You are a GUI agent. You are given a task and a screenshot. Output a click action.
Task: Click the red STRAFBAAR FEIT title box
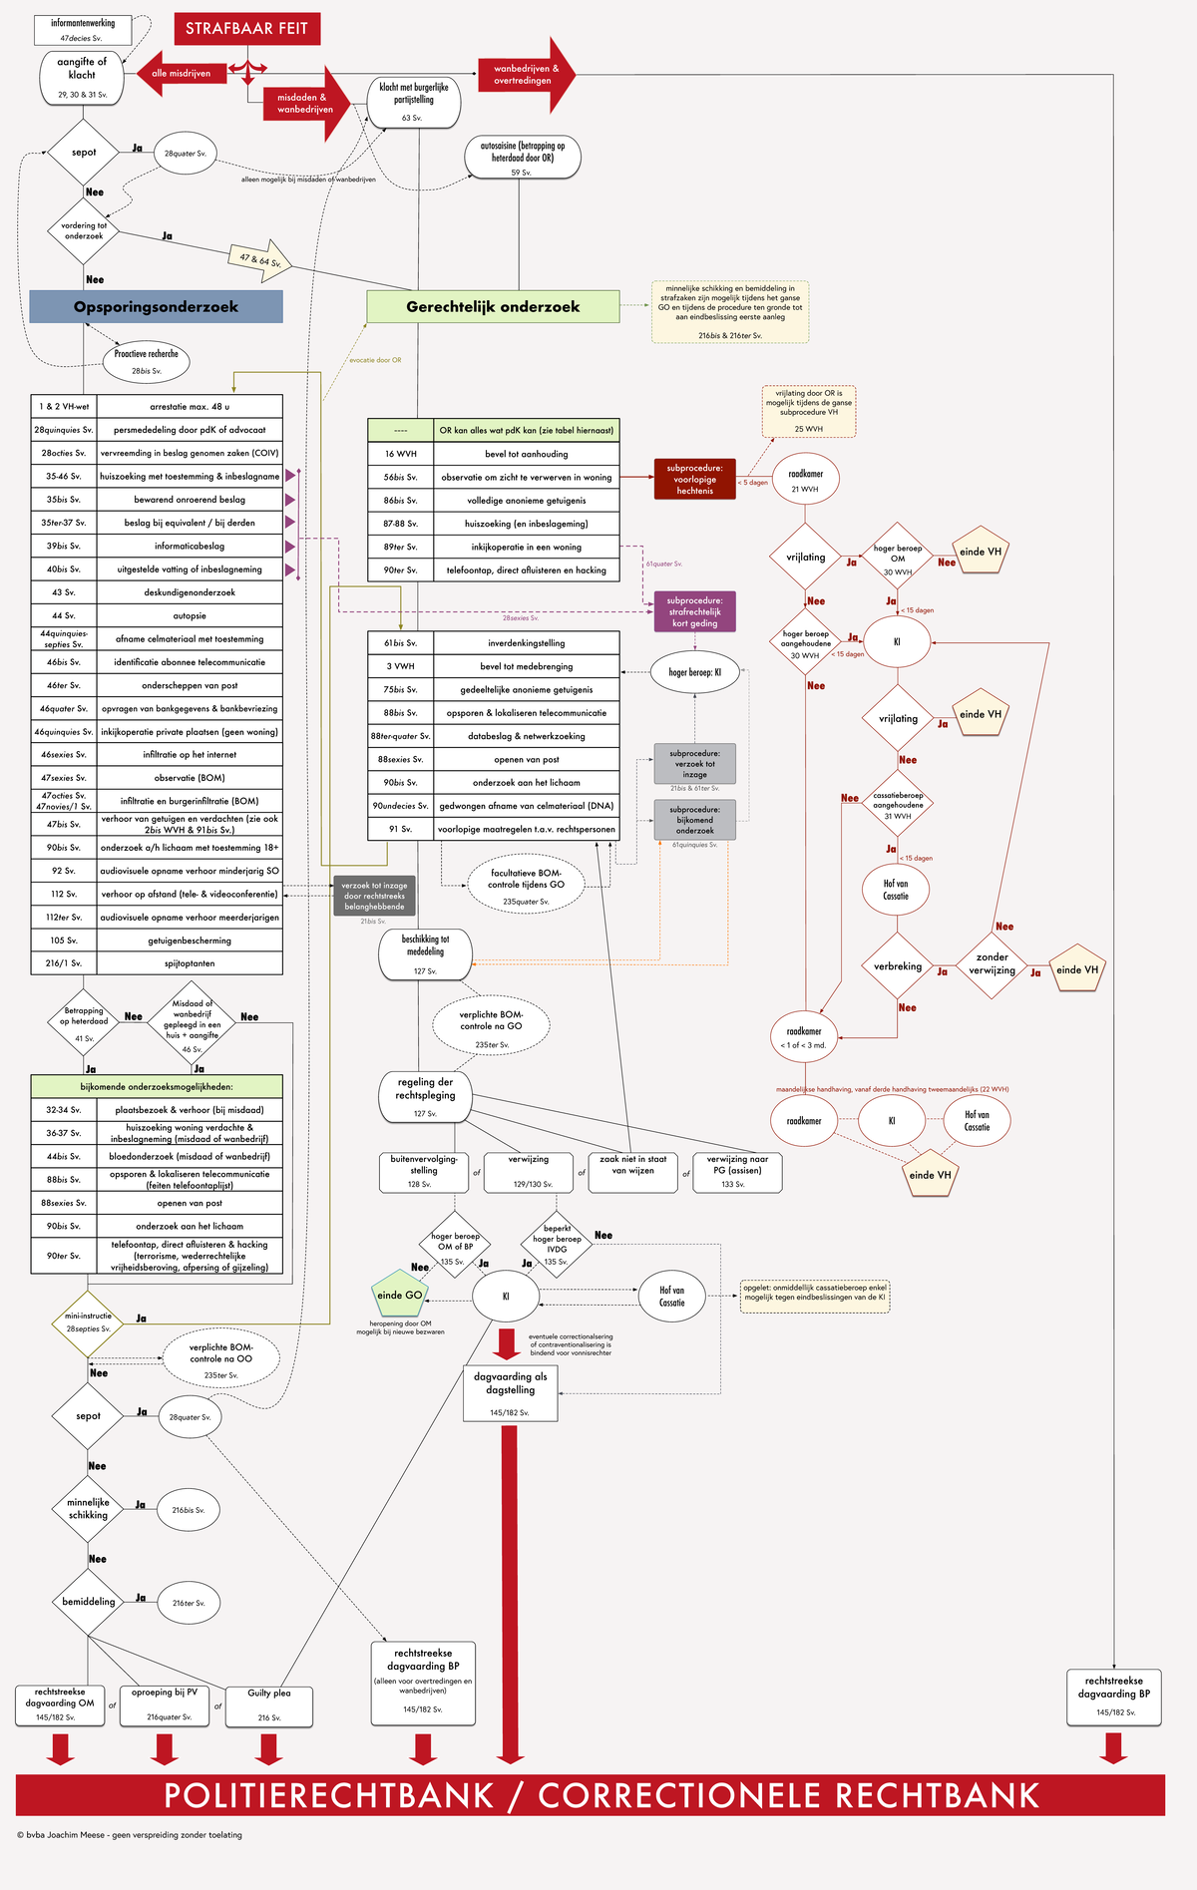(x=246, y=29)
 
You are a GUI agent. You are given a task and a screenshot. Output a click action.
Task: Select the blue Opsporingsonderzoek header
(x=156, y=306)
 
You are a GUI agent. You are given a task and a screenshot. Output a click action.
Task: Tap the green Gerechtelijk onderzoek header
(x=493, y=306)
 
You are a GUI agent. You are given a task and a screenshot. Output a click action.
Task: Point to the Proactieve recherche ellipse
(x=146, y=360)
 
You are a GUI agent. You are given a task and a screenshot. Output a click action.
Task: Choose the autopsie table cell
(x=190, y=615)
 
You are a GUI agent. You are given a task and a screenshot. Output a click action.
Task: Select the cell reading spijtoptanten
(x=190, y=963)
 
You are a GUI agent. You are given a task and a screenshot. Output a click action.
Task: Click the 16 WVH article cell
(x=400, y=454)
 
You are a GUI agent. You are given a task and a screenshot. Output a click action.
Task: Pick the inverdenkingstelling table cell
(x=526, y=643)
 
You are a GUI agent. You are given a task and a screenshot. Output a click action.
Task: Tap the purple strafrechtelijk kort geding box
(x=695, y=611)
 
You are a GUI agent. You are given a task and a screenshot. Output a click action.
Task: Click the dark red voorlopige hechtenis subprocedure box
(x=694, y=479)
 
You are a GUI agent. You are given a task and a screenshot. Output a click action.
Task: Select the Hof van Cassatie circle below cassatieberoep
(x=896, y=890)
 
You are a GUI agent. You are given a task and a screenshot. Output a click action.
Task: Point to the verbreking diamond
(x=898, y=965)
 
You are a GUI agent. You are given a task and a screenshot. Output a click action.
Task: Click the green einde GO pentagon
(x=399, y=1295)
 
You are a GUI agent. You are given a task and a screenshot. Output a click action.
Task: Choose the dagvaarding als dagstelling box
(x=510, y=1392)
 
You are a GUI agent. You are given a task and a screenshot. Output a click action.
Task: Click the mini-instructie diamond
(x=88, y=1323)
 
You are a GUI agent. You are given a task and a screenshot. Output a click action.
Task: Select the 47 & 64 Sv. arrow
(x=260, y=259)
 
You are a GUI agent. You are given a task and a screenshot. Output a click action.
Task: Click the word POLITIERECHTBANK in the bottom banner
(x=328, y=1795)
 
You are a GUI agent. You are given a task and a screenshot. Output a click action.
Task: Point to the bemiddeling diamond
(x=89, y=1602)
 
